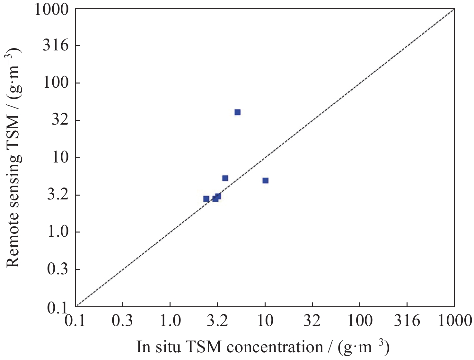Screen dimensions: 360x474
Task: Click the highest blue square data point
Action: point(237,112)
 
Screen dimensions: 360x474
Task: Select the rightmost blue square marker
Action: point(265,180)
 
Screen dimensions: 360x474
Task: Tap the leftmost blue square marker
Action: point(206,199)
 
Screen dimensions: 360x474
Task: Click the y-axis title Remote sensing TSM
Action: point(13,157)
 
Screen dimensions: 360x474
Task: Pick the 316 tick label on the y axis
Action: point(56,46)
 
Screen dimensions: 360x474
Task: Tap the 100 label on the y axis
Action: point(56,83)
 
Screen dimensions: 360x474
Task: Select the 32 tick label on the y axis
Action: point(60,120)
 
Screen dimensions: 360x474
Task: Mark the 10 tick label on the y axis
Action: point(60,158)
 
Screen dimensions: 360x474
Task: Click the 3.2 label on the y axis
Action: point(58,195)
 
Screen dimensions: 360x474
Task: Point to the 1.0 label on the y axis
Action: point(58,232)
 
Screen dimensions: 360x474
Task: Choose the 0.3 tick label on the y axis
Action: point(58,269)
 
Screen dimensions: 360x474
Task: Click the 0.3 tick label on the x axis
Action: point(122,320)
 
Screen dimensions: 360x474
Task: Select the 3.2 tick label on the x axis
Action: point(217,320)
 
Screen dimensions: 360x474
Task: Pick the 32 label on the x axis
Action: point(312,320)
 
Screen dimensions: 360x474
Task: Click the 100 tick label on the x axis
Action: point(360,320)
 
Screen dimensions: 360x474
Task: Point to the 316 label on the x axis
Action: point(407,320)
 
